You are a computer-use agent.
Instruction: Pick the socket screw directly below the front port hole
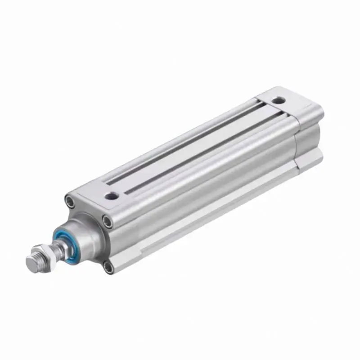coord(107,220)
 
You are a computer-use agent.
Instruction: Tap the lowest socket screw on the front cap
coord(108,268)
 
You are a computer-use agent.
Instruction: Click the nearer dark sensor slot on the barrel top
coord(202,153)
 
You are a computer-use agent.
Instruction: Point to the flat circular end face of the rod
coord(29,262)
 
